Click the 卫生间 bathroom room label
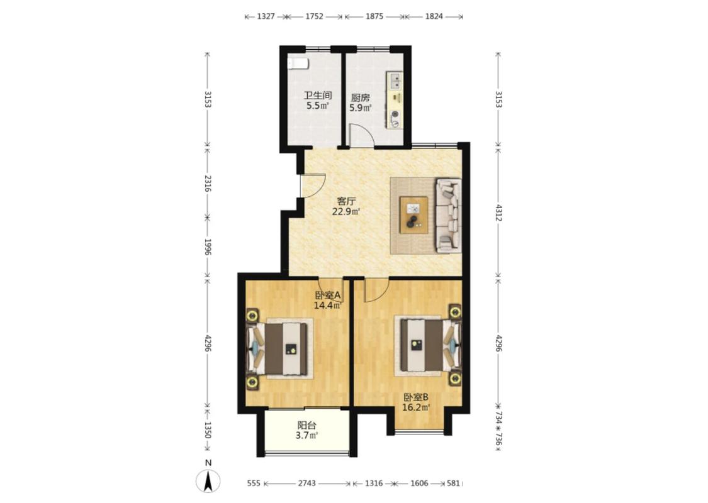[318, 96]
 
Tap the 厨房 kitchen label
[361, 97]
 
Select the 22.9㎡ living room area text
[346, 212]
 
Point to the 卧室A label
[328, 296]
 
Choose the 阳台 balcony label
[306, 425]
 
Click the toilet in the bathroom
[298, 64]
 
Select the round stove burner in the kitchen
[395, 114]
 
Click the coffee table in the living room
[414, 215]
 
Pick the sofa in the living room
[448, 215]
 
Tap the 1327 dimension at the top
[266, 17]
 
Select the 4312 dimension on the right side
[498, 213]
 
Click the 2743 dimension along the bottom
[306, 484]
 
